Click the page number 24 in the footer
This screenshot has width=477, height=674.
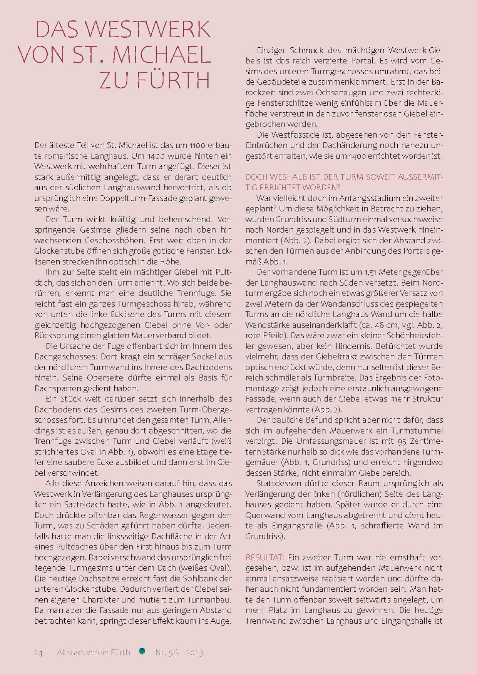(x=38, y=652)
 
